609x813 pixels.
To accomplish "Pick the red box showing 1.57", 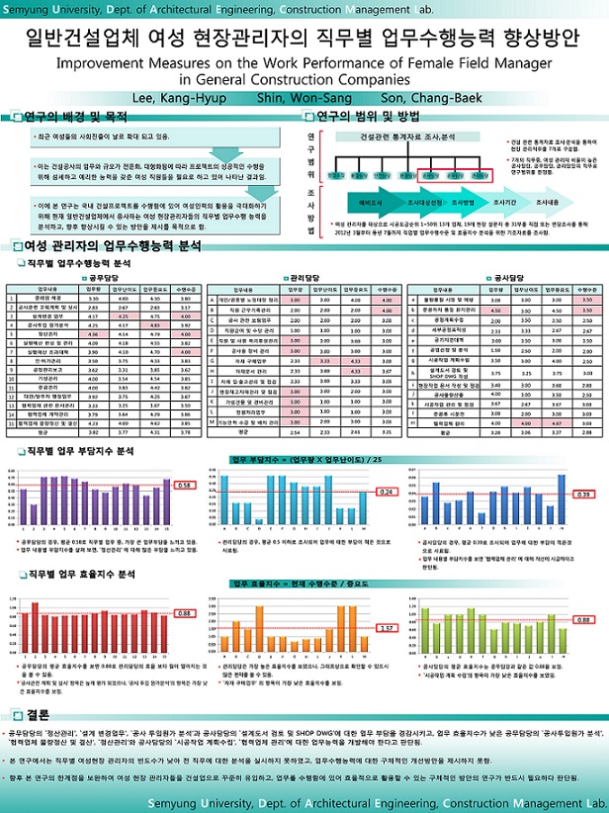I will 387,627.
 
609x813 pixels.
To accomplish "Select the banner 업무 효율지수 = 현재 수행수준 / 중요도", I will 304,586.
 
